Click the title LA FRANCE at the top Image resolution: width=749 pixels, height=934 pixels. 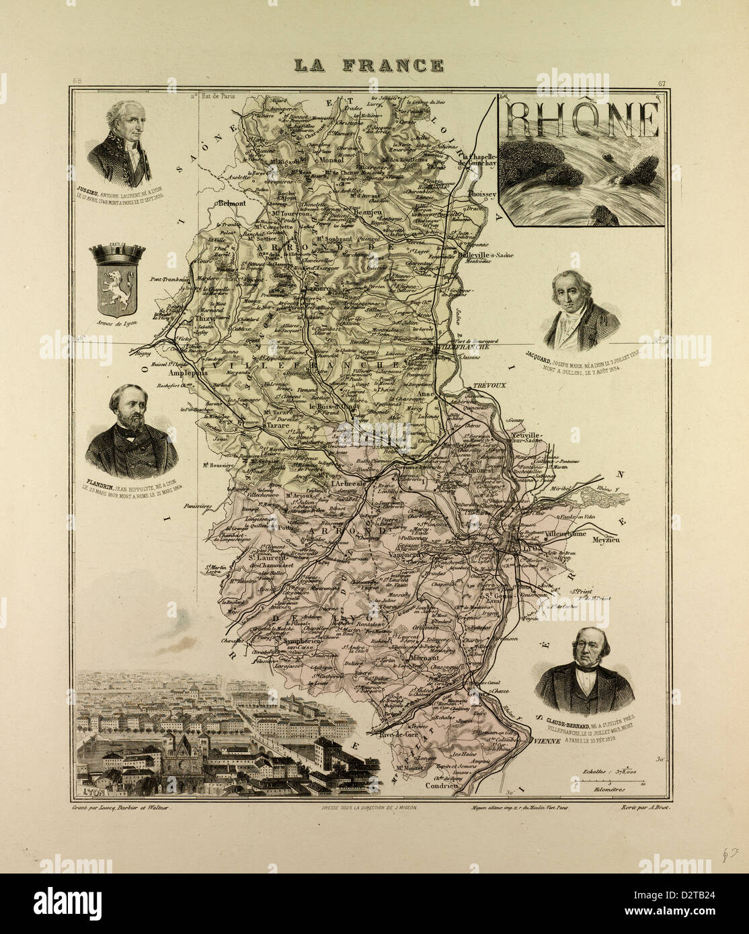[x=369, y=65]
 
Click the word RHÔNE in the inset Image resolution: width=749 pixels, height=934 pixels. [x=582, y=120]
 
